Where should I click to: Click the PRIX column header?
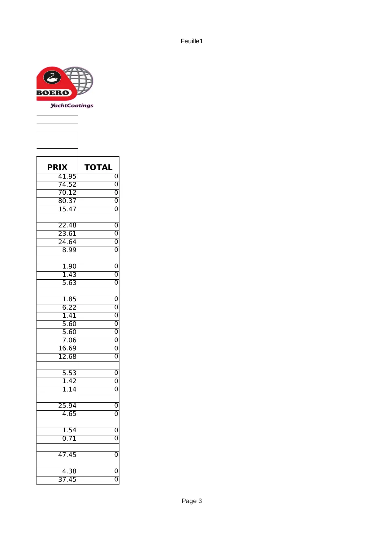57,167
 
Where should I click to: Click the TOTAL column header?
98,167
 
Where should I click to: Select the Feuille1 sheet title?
192,41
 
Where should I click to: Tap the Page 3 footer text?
192,501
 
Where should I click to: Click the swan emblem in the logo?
52,78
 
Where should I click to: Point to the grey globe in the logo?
80,80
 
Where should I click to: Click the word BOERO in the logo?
53,93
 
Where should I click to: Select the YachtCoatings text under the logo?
72,105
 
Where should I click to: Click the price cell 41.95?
67,176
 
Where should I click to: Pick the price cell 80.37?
67,201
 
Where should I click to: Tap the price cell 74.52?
67,184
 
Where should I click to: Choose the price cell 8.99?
69,250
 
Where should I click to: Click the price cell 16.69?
67,348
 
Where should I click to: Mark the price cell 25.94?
67,406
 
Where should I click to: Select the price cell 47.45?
67,455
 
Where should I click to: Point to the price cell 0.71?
69,438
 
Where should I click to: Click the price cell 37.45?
67,480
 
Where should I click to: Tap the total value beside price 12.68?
116,356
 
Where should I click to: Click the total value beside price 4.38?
116,471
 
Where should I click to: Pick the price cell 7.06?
69,340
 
